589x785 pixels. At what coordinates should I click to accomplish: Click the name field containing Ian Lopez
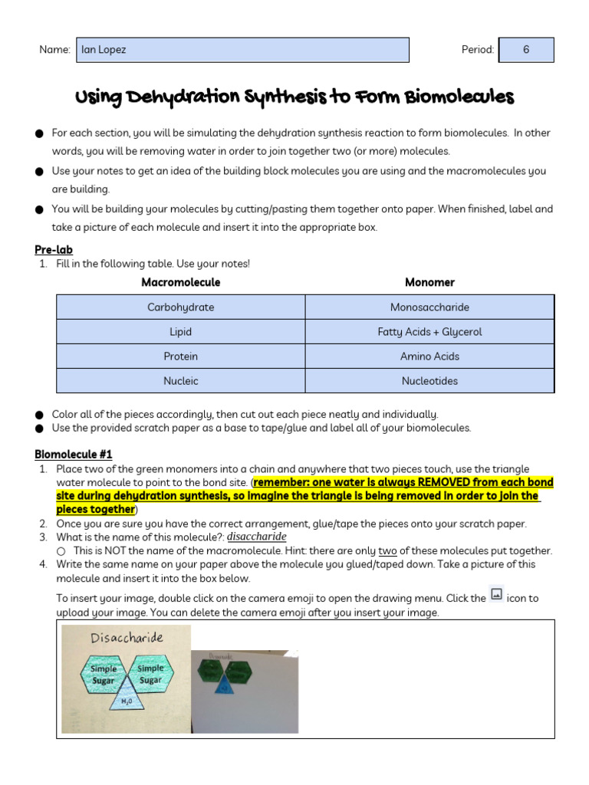point(242,50)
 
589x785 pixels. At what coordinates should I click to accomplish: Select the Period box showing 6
point(526,50)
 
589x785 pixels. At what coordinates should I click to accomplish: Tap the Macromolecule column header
point(180,282)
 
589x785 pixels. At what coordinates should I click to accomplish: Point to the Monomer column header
point(429,282)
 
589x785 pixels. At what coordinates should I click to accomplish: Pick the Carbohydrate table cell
point(181,307)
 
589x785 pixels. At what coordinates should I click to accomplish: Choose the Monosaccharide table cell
point(429,307)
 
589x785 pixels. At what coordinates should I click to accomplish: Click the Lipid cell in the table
point(181,332)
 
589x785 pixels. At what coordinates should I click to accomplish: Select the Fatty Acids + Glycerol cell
point(429,332)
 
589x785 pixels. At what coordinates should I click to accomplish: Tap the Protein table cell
point(181,356)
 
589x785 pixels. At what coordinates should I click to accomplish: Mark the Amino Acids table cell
point(429,356)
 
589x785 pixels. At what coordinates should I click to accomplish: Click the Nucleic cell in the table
point(181,381)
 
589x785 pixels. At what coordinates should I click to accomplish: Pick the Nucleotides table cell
point(429,381)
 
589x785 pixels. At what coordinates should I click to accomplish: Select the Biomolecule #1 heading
point(74,455)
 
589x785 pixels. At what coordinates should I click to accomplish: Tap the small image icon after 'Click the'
point(496,594)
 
